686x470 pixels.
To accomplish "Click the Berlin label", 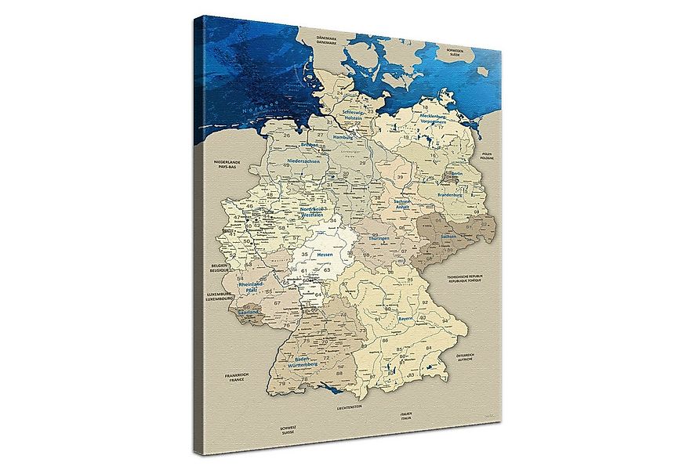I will click(455, 174).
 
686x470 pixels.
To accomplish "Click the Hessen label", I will click(324, 255).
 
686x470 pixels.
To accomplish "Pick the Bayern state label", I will click(405, 320).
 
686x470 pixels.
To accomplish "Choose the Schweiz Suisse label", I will click(289, 430).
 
